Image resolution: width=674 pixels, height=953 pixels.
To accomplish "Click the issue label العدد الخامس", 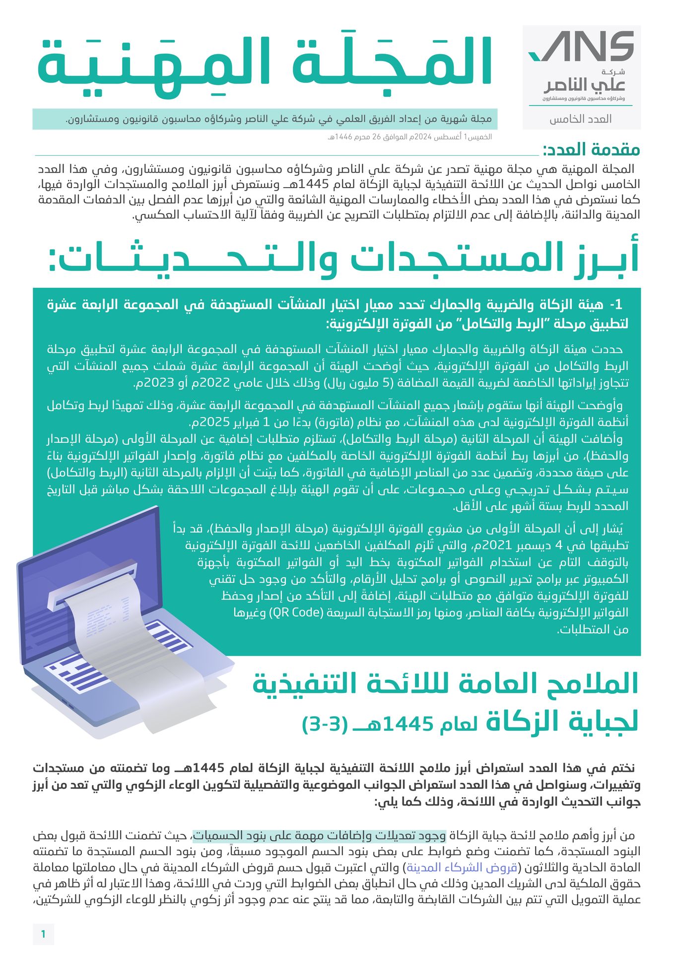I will pyautogui.click(x=580, y=119).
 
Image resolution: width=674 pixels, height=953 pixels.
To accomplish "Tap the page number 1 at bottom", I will pyautogui.click(x=43, y=934).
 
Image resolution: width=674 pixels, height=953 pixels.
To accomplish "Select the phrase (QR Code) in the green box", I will pyautogui.click(x=296, y=613).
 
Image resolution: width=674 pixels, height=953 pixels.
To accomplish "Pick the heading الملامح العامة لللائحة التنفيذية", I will pyautogui.click(x=445, y=684).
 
